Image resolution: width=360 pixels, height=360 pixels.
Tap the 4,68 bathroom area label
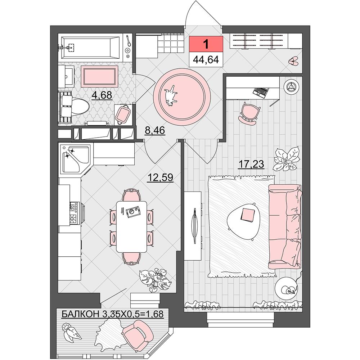(102, 95)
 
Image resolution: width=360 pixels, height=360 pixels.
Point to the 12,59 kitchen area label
(161, 177)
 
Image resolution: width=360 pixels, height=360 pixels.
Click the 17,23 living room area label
(251, 164)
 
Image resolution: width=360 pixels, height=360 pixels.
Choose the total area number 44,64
(206, 60)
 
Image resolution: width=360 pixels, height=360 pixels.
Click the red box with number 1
(206, 44)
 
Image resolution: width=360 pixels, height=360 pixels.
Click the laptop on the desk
(260, 91)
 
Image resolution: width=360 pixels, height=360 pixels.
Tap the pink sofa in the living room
(285, 226)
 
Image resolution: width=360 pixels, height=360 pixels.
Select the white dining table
(131, 226)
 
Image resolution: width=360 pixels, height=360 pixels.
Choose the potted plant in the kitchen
(155, 280)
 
